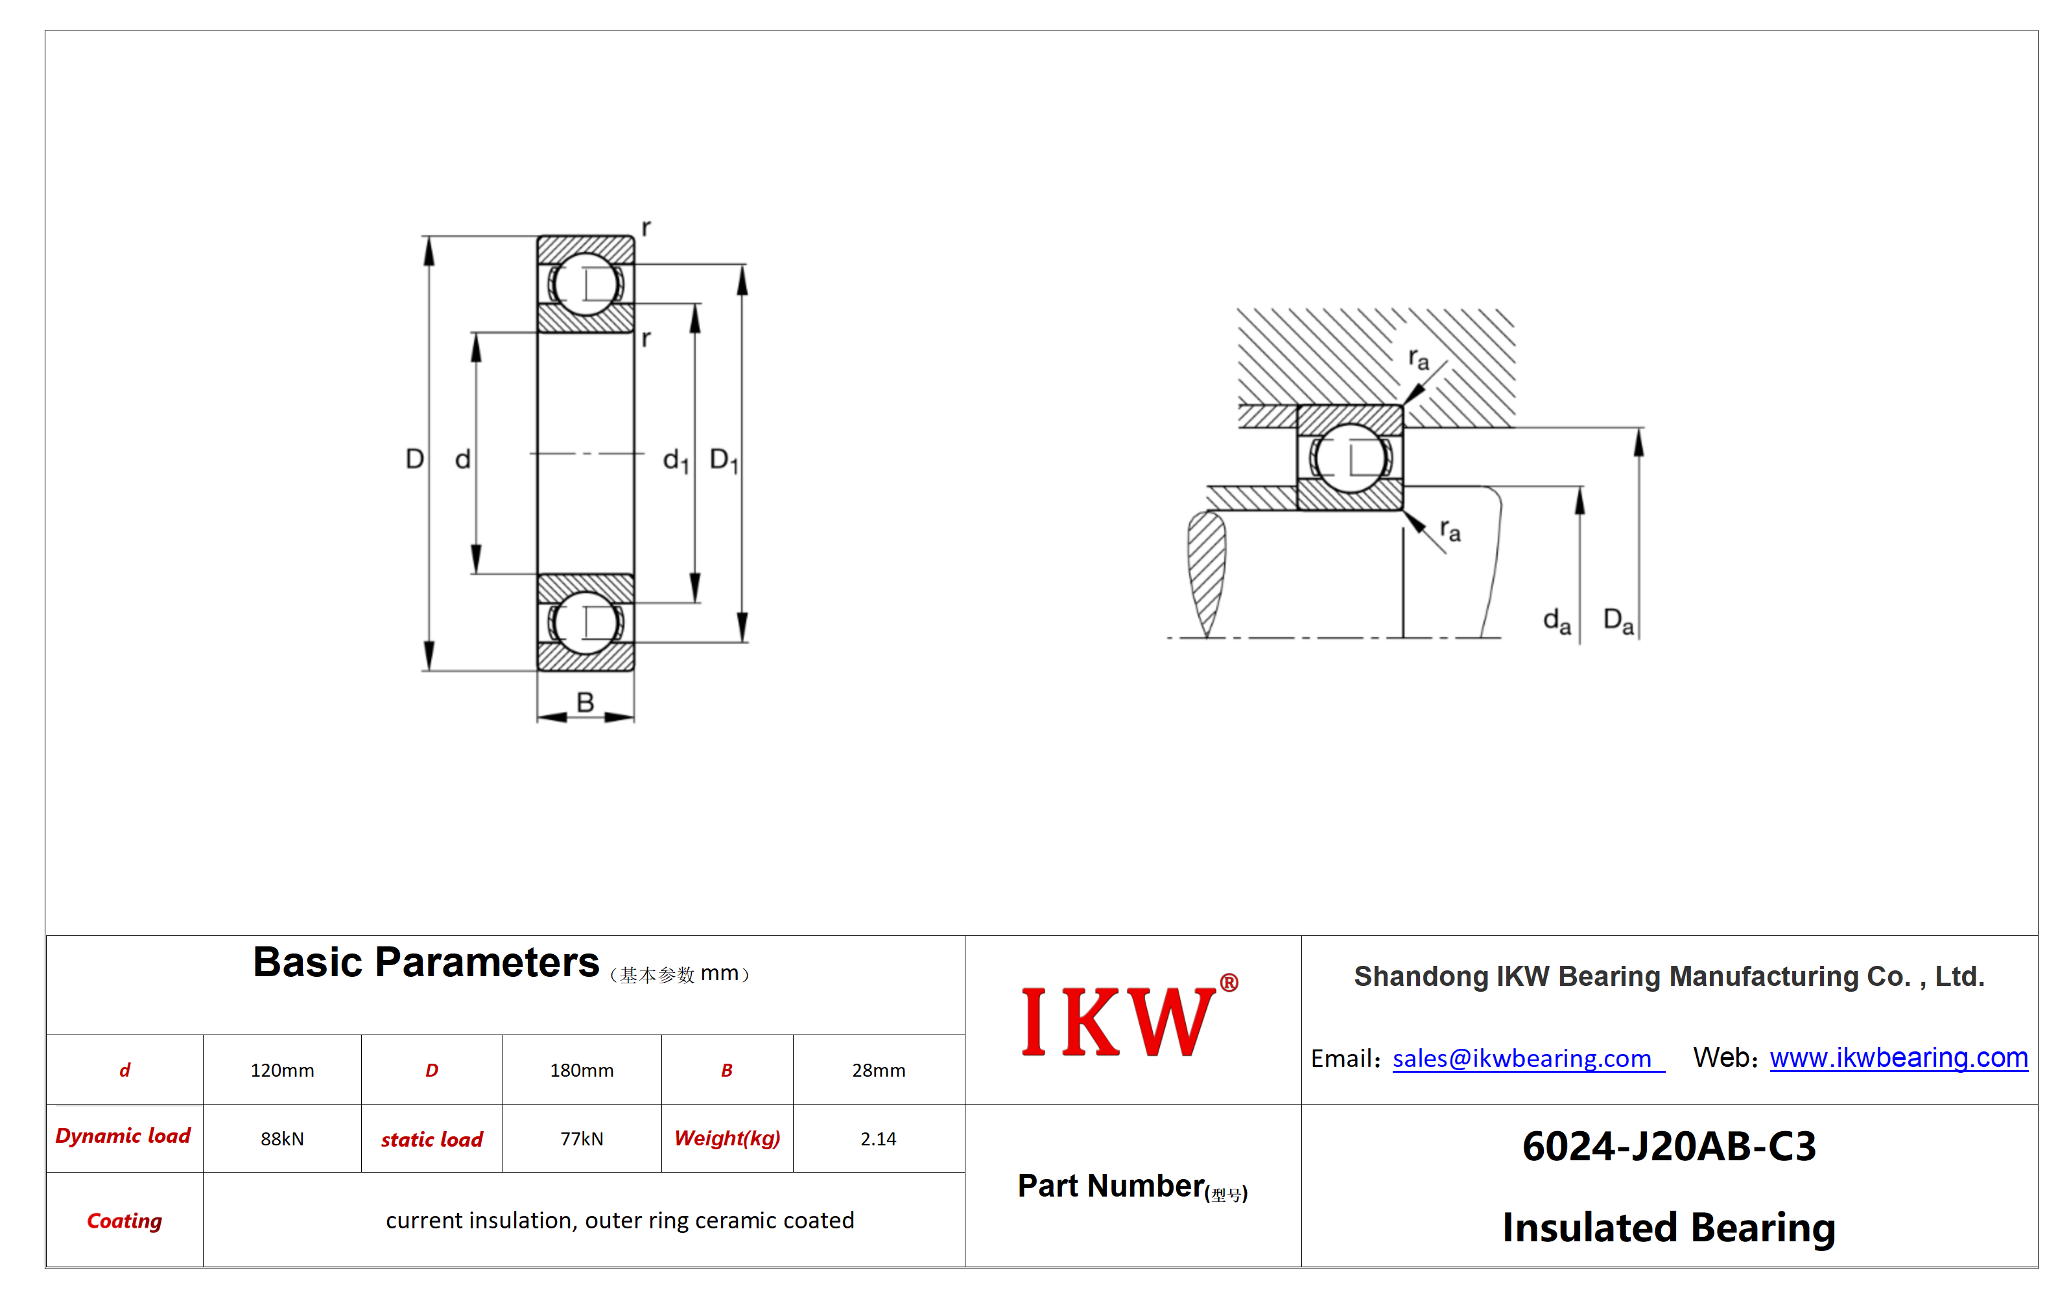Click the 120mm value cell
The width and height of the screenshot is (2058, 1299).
[x=282, y=1070]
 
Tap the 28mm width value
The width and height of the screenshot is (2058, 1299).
[x=879, y=1070]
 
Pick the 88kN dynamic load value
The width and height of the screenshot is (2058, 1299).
[x=282, y=1138]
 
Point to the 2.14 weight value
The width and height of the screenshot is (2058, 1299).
[x=879, y=1138]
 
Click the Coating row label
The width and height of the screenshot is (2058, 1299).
[x=124, y=1221]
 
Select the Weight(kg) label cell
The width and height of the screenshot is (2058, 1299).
[x=727, y=1138]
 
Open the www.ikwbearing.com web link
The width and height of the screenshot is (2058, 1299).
[x=1898, y=1058]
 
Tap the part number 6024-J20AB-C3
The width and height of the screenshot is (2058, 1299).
[x=1669, y=1146]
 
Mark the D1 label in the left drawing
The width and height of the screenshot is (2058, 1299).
[x=724, y=461]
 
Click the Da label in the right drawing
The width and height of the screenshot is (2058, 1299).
[x=1618, y=620]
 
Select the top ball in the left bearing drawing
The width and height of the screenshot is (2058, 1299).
[x=585, y=284]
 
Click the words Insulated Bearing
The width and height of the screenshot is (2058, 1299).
[x=1669, y=1228]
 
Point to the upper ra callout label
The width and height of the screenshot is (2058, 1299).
[x=1419, y=359]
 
